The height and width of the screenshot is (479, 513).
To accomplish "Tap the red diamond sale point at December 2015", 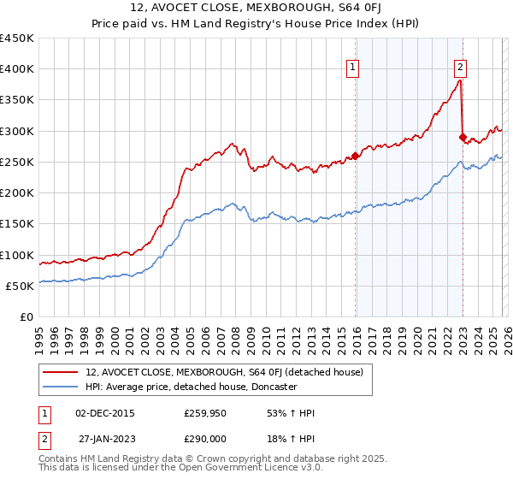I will (x=356, y=156).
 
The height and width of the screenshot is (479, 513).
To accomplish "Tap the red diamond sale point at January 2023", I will (x=463, y=137).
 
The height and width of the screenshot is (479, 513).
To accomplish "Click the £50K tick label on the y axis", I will (x=20, y=286).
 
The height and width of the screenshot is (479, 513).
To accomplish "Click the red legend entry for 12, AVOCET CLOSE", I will (x=224, y=372).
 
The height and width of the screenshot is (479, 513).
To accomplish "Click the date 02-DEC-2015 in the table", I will (x=105, y=413).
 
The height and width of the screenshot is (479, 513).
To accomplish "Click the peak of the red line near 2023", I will (x=460, y=80).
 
